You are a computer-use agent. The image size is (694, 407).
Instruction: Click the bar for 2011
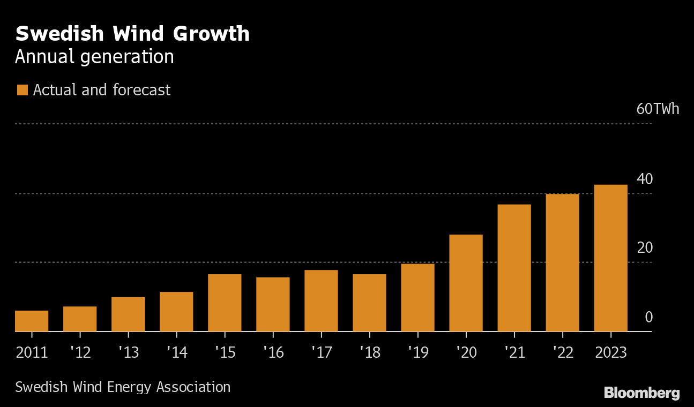tap(32, 321)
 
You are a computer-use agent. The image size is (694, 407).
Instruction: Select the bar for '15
tap(225, 303)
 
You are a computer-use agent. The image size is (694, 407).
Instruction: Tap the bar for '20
tap(466, 283)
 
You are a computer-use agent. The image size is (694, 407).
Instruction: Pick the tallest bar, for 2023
tap(610, 258)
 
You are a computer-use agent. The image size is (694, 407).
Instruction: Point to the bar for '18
tap(369, 303)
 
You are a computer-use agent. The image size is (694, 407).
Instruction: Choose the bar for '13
tap(128, 314)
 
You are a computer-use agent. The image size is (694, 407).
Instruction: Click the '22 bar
tap(562, 262)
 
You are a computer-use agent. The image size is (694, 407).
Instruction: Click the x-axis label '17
tap(321, 352)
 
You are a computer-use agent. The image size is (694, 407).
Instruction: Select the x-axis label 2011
tap(32, 352)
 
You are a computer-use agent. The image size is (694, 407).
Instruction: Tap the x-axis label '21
tap(514, 352)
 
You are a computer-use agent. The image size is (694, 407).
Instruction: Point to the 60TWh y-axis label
tap(658, 109)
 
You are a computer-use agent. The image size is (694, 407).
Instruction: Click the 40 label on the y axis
tap(645, 179)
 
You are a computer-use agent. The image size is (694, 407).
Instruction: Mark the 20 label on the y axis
tap(645, 248)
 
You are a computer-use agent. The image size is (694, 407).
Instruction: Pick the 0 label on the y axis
tap(648, 318)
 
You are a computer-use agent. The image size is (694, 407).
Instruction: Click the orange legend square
tap(22, 90)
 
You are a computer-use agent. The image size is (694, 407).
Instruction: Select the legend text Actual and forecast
tap(102, 90)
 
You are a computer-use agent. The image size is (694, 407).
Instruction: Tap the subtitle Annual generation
tap(94, 57)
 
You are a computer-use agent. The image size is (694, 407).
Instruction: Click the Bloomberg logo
tap(641, 393)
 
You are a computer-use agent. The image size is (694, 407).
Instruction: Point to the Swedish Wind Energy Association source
tap(123, 387)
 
